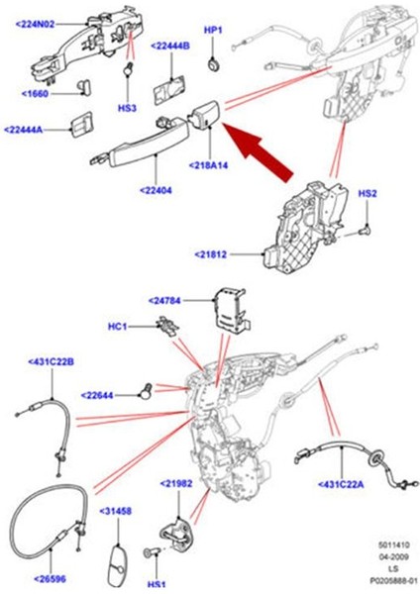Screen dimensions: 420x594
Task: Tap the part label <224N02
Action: [36, 24]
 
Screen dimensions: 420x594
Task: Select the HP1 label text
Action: [213, 30]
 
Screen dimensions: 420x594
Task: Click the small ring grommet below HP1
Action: [214, 64]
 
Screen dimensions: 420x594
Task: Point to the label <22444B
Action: [170, 47]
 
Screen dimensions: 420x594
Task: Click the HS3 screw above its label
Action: [129, 68]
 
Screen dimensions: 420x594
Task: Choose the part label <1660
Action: [36, 93]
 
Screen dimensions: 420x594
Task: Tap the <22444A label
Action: [24, 130]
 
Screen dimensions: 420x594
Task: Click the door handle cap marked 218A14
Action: [205, 113]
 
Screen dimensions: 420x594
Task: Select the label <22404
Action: [156, 190]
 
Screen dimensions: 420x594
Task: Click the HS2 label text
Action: [367, 194]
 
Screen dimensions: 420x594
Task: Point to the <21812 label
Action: [211, 254]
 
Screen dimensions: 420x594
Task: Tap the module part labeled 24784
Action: [233, 312]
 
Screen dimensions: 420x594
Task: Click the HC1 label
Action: [118, 326]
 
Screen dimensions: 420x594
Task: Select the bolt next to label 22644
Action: [146, 391]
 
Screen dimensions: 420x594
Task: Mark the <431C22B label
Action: [52, 361]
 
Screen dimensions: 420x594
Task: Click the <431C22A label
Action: [341, 484]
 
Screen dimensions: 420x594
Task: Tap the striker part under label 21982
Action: [177, 534]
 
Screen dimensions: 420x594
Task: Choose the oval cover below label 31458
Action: [116, 565]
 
